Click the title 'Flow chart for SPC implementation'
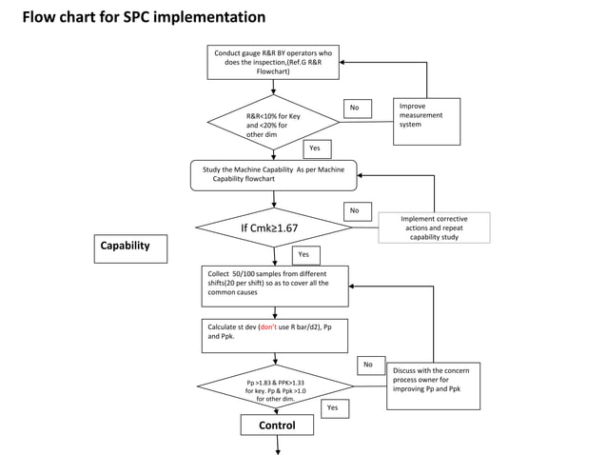point(144,18)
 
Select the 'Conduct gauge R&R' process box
point(273,63)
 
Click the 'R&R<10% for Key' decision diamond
point(273,123)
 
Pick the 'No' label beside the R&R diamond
point(357,109)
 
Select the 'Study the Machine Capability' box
point(274,174)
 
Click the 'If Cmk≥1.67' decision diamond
point(273,228)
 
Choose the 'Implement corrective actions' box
point(434,227)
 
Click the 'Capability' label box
point(129,247)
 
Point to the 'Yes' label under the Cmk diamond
point(304,255)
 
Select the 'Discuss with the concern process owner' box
point(433,386)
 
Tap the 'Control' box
point(277,425)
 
